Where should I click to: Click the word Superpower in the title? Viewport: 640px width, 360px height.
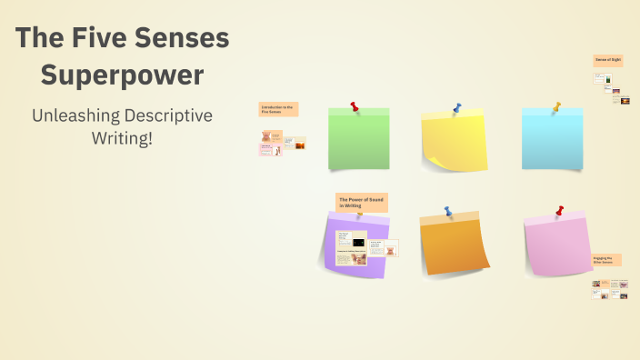pyautogui.click(x=122, y=75)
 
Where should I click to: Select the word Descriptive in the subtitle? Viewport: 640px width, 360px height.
pyautogui.click(x=175, y=115)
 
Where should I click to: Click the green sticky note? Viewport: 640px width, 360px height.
pyautogui.click(x=358, y=141)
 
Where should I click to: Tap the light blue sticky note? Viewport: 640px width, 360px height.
pyautogui.click(x=552, y=141)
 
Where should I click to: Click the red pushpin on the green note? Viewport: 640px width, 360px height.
pyautogui.click(x=354, y=106)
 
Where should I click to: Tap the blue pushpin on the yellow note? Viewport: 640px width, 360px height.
pyautogui.click(x=456, y=108)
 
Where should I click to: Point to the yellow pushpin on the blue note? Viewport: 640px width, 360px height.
pyautogui.click(x=557, y=105)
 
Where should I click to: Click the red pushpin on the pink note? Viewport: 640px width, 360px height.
pyautogui.click(x=559, y=211)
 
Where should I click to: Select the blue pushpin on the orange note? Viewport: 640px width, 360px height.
pyautogui.click(x=447, y=211)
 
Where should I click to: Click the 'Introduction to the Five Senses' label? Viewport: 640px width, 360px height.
pyautogui.click(x=277, y=109)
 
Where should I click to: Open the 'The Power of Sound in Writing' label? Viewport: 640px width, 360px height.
pyautogui.click(x=356, y=203)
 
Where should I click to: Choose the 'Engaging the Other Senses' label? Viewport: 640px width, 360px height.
pyautogui.click(x=606, y=260)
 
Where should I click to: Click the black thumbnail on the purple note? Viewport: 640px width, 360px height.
pyautogui.click(x=357, y=243)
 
